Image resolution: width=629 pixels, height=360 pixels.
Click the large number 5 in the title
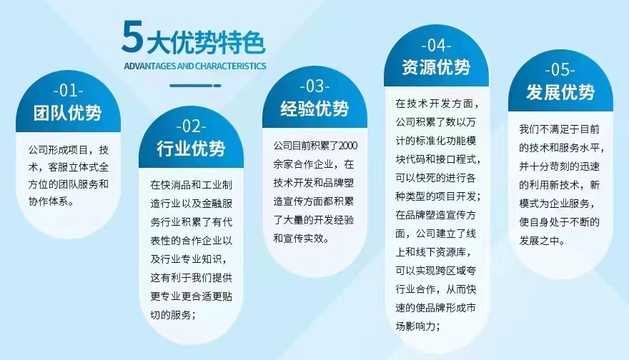point(132,37)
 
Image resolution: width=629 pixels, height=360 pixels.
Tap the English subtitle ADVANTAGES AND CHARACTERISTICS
point(195,66)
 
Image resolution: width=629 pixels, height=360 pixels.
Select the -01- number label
point(68,91)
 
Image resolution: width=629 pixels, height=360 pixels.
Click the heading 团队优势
point(68,113)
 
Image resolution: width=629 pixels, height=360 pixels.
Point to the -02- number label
point(192,126)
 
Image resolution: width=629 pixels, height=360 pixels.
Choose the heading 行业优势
point(191,149)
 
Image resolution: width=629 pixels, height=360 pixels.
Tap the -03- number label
point(315,86)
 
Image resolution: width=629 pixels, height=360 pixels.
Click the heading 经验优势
point(315,109)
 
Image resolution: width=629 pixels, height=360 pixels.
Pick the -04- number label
point(437,45)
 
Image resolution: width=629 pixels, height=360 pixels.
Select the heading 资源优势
point(437,67)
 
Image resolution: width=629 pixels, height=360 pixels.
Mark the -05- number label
point(560,70)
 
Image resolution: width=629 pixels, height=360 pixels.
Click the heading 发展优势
point(560,92)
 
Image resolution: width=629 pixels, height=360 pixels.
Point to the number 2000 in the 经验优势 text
point(348,146)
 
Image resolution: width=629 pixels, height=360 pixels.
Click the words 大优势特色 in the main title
point(206,42)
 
